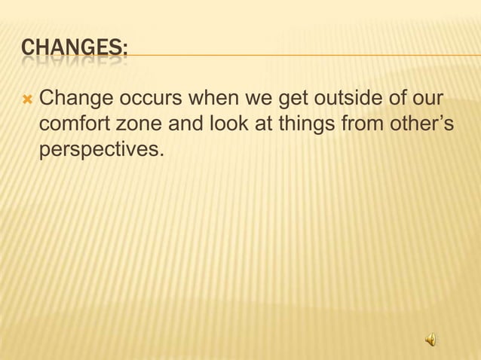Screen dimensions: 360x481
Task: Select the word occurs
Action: (141, 98)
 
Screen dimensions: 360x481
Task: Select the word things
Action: (299, 124)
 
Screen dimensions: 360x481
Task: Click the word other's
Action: (418, 124)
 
